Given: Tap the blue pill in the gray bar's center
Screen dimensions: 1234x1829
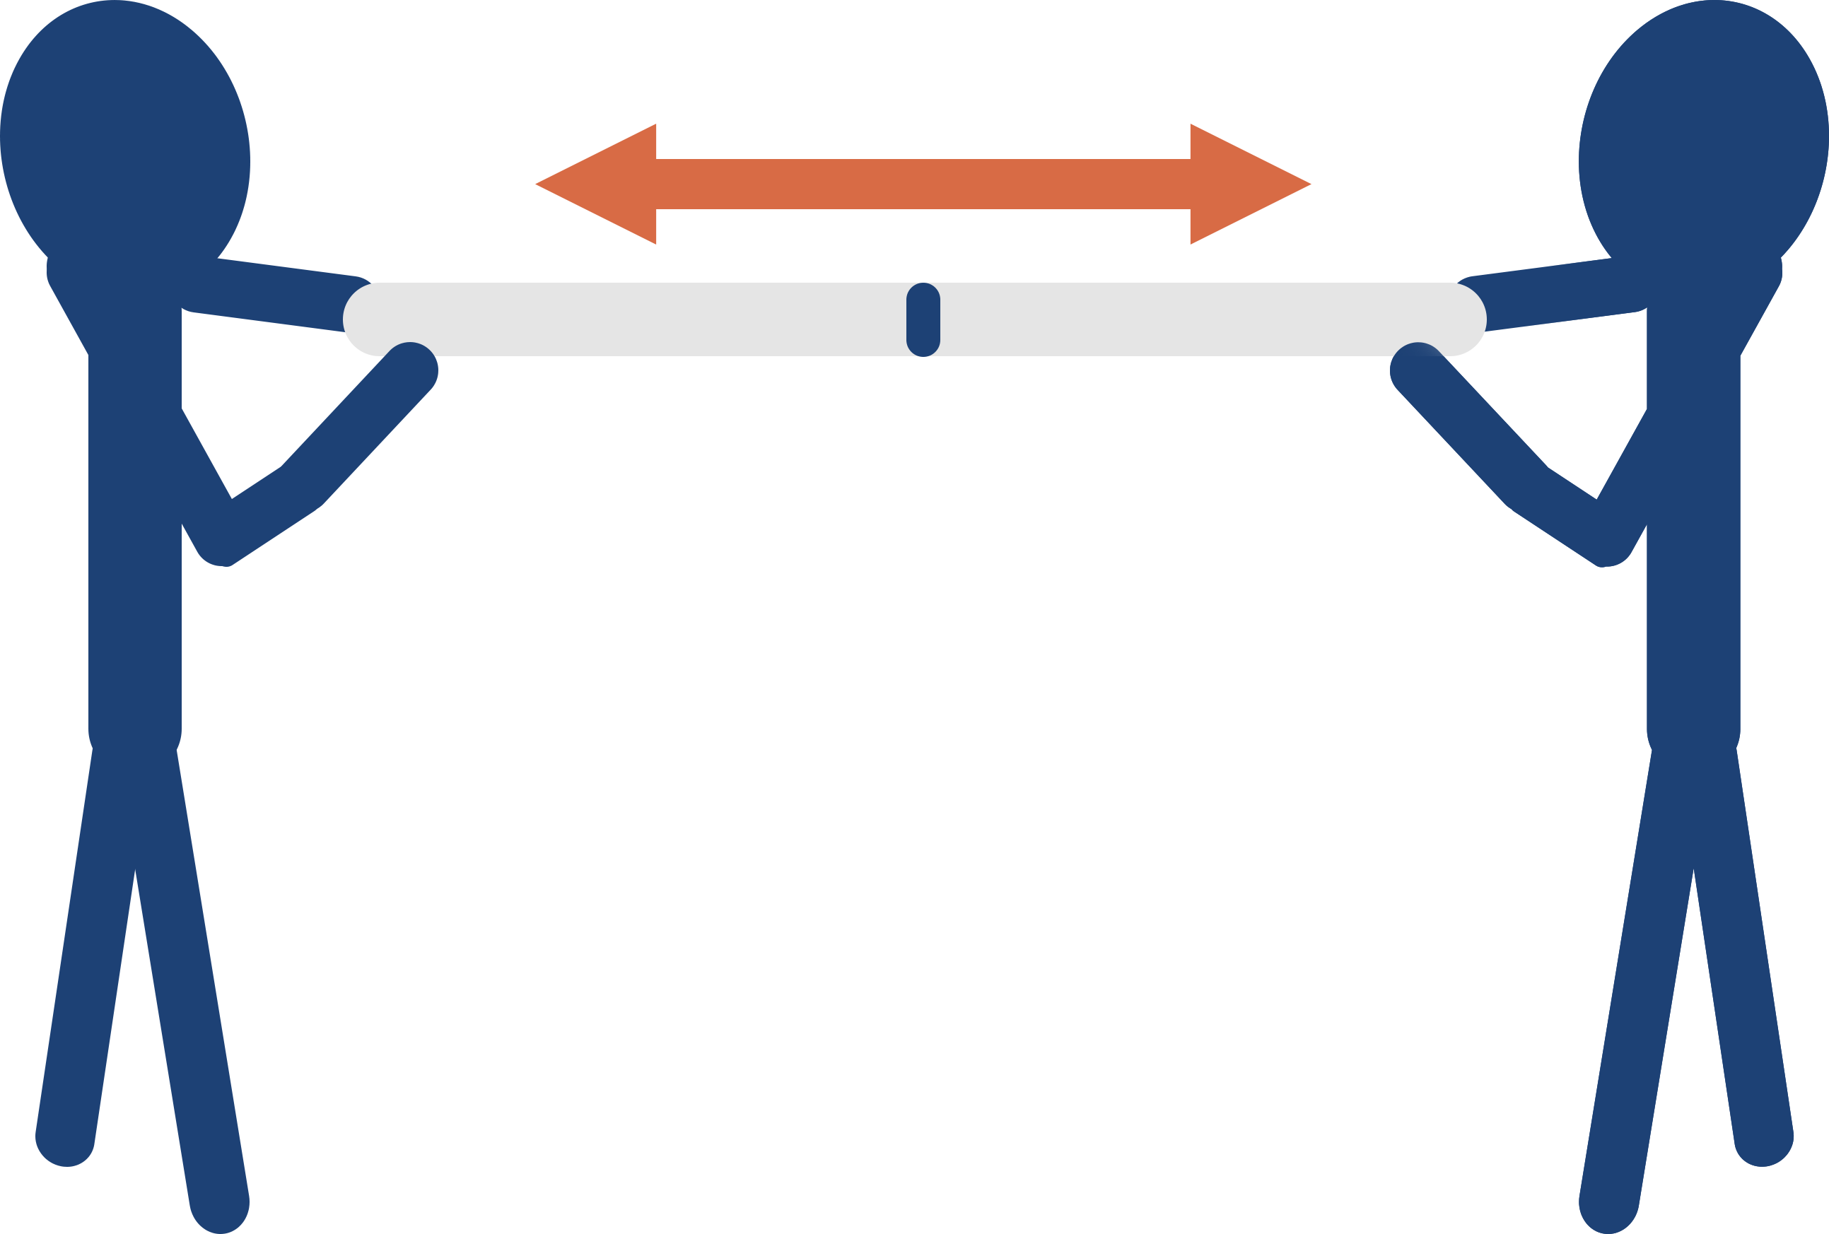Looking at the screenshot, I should tap(923, 319).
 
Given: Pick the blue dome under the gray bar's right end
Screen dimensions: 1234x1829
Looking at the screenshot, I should tap(1418, 351).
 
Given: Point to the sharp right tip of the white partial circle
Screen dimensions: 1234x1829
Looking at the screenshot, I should tap(1540, 268).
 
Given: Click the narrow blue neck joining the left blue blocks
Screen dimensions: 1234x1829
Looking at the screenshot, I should tap(134, 623).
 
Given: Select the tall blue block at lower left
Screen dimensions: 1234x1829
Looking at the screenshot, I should tap(140, 944).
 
